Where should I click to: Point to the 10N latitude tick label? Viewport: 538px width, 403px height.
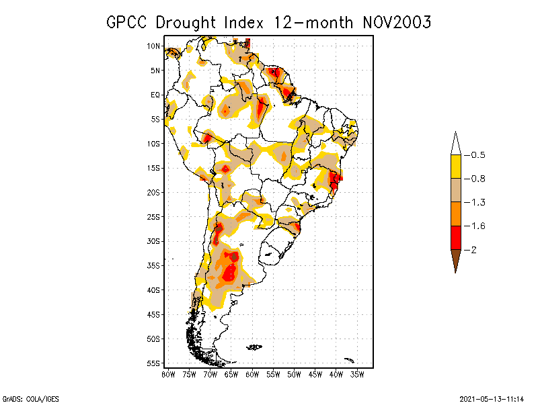pos(153,46)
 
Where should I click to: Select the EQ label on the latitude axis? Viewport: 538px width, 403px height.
pos(155,95)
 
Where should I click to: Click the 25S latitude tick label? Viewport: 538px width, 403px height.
pos(154,216)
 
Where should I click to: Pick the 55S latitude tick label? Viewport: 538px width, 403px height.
pos(154,363)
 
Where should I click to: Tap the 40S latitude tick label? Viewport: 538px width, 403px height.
pos(154,289)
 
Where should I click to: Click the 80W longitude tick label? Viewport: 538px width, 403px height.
pos(168,373)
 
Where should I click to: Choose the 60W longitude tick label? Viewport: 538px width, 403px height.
pos(252,373)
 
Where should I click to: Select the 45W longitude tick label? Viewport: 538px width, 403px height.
pos(315,373)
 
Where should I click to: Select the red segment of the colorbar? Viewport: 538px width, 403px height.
pos(455,237)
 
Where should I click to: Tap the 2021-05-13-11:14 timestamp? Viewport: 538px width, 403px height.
pos(491,398)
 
